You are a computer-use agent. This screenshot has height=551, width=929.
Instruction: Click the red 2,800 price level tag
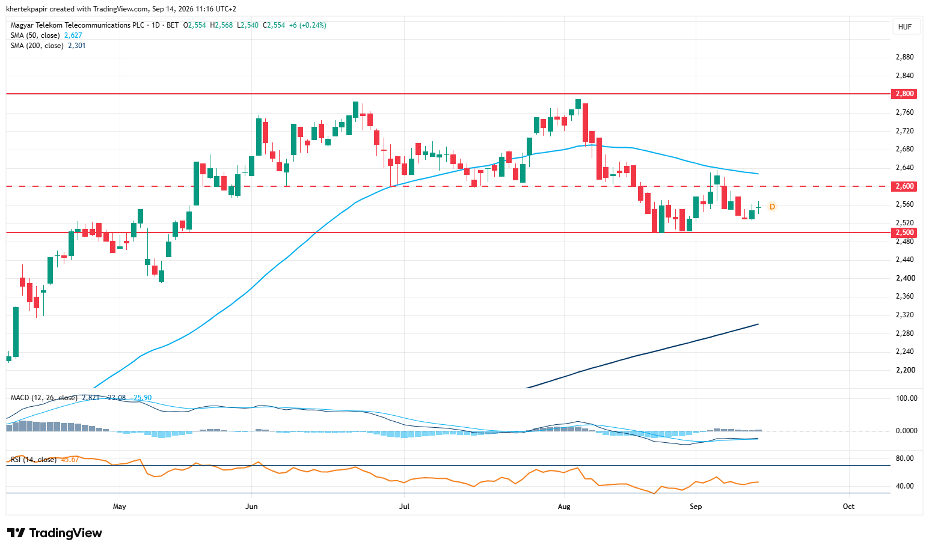(904, 94)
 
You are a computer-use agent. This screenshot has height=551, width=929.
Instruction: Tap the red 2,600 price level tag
(904, 186)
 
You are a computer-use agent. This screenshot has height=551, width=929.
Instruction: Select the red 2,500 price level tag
(904, 233)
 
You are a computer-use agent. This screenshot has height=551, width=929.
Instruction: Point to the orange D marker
(772, 207)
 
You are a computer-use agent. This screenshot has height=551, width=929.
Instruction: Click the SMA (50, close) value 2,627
(73, 35)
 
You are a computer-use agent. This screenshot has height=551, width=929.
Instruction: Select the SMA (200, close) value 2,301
(77, 46)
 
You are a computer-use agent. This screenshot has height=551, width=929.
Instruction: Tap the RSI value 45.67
(70, 460)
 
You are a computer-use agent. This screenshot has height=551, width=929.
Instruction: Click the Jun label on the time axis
(251, 507)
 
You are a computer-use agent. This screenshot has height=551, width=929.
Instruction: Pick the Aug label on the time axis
(564, 507)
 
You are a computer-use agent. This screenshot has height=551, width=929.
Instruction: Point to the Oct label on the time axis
(848, 507)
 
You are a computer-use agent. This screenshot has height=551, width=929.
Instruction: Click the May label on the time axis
(120, 507)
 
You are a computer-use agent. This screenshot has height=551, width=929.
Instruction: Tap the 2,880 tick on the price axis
(904, 57)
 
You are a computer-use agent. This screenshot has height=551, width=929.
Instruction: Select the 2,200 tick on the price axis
(904, 370)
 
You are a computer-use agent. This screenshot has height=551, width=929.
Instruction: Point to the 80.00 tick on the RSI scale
(904, 458)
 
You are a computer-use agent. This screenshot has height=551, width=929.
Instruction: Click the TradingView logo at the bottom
(54, 533)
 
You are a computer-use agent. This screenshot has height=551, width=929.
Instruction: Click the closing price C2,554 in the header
(274, 25)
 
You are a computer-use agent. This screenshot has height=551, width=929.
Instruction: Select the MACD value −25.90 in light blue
(141, 398)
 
